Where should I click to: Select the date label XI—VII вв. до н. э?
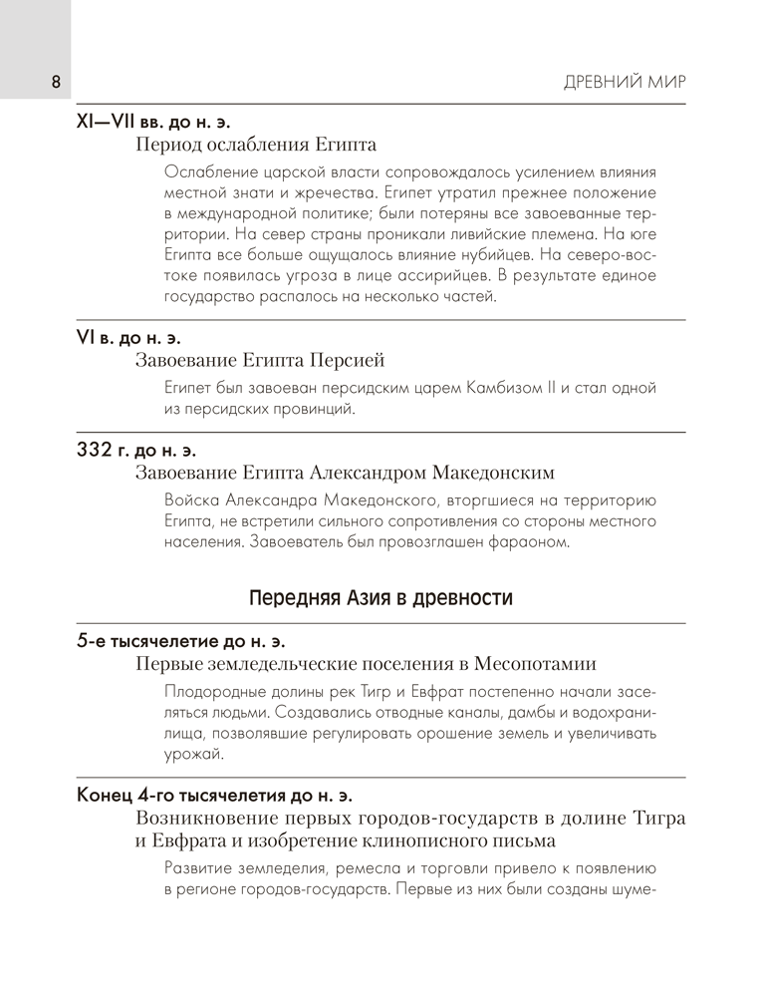pos(152,123)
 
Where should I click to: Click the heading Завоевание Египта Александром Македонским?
pos(344,473)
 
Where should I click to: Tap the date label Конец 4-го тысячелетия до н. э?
pos(215,796)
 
